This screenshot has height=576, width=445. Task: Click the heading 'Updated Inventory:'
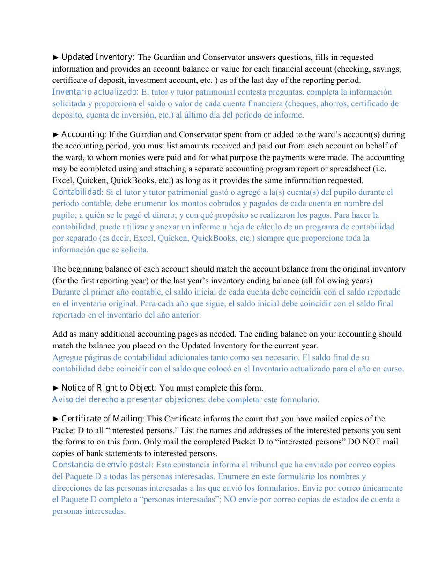[x=98, y=57]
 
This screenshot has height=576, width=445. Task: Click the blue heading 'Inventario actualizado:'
[x=95, y=92]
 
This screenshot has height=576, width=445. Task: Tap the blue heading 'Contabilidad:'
[x=78, y=192]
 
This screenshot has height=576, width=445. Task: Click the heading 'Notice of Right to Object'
[x=108, y=388]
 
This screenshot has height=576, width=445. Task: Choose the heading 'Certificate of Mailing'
[x=103, y=419]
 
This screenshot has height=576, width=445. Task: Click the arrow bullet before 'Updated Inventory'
[x=56, y=57]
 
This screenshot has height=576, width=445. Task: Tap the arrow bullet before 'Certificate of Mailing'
[x=56, y=419]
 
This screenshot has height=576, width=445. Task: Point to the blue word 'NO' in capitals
[x=229, y=499]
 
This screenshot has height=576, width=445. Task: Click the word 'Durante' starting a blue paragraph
[x=66, y=292]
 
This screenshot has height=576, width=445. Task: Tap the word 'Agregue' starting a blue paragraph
[x=67, y=357]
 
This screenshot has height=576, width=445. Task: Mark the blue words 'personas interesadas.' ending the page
[x=89, y=511]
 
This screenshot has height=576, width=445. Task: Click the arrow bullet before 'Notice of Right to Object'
[x=56, y=388]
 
